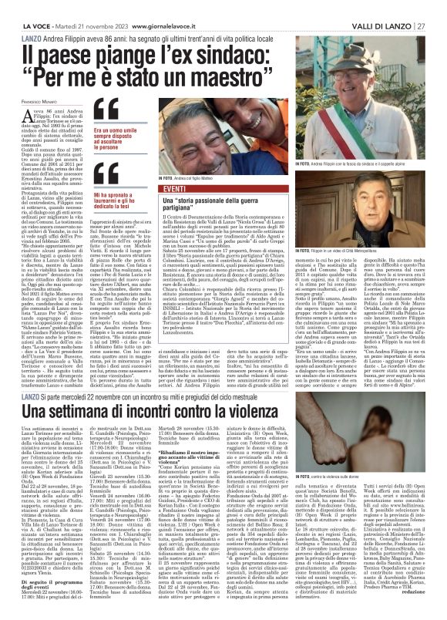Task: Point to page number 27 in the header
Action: [x=422, y=25]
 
